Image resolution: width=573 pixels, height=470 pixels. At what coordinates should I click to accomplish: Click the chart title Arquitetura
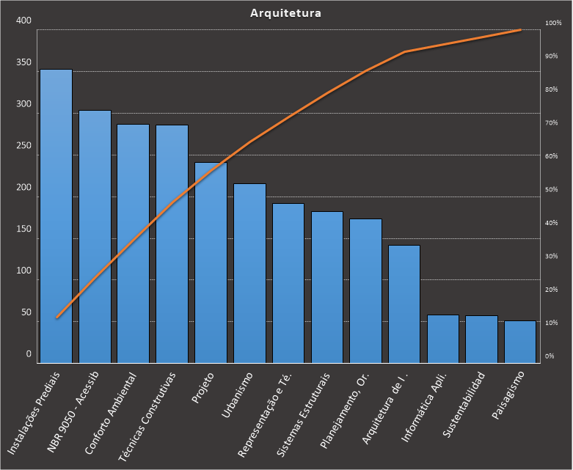285,12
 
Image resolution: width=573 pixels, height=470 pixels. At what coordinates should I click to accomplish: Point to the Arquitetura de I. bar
404,304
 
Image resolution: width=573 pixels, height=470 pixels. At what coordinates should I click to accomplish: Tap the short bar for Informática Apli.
443,339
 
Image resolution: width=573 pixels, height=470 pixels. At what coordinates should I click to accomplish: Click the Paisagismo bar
520,342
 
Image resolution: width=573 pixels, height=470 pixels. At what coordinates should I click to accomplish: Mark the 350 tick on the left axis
24,62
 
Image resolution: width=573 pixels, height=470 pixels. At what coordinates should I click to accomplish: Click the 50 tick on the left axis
26,312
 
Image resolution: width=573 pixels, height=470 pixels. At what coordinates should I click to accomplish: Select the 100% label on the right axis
553,23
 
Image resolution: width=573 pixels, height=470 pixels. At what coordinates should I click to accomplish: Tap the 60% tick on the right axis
552,156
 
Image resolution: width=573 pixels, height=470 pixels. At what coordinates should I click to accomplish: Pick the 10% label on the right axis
552,323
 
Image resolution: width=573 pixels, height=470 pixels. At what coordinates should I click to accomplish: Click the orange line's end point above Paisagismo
520,30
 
